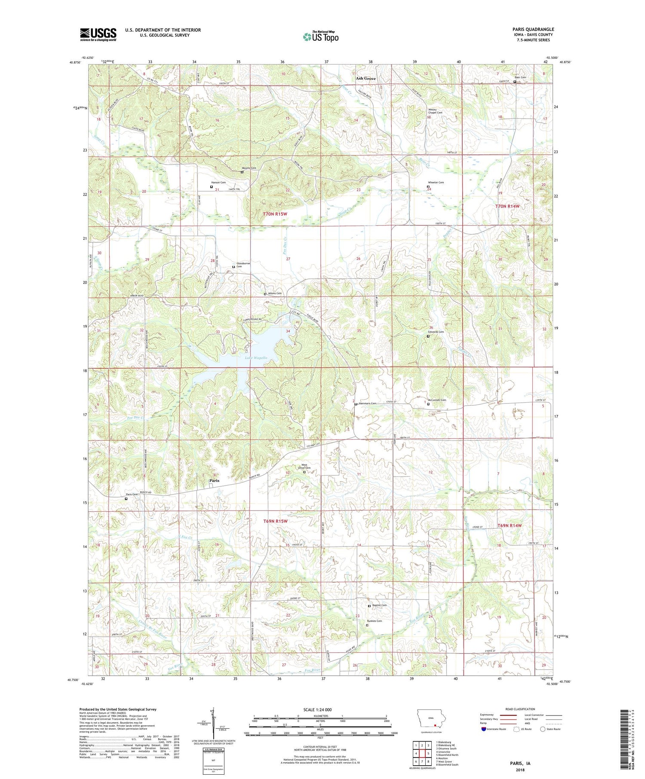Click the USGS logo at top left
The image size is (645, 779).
[98, 34]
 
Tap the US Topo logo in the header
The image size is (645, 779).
[320, 37]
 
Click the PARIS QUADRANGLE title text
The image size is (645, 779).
[533, 29]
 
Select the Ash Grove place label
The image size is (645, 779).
[365, 79]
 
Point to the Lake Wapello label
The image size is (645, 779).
[256, 357]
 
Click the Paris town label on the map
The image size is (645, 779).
[214, 480]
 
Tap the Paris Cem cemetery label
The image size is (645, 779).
[132, 495]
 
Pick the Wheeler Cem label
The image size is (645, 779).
[436, 183]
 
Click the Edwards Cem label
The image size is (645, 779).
[436, 332]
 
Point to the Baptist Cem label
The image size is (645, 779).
[379, 605]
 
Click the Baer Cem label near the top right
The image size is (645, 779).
[520, 77]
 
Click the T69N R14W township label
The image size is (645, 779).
[510, 525]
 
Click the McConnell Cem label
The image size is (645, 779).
[437, 400]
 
